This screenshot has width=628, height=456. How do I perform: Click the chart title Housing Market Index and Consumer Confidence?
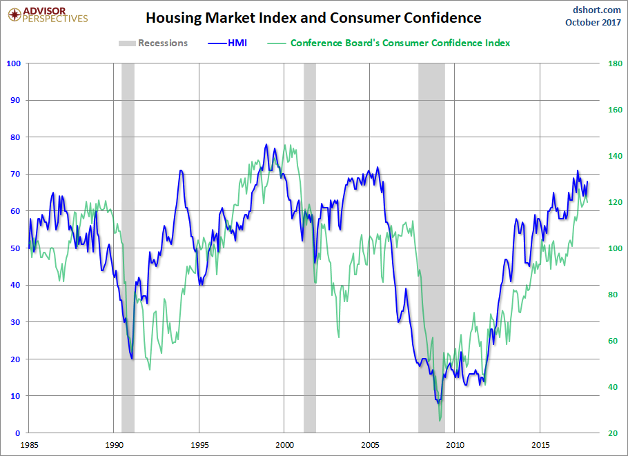click(313, 17)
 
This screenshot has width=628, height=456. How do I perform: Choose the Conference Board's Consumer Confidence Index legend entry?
click(400, 43)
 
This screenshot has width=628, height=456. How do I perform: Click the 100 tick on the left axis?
click(14, 63)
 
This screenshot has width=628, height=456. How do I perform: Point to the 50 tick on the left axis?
click(16, 248)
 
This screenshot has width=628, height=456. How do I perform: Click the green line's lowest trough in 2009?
click(440, 420)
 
